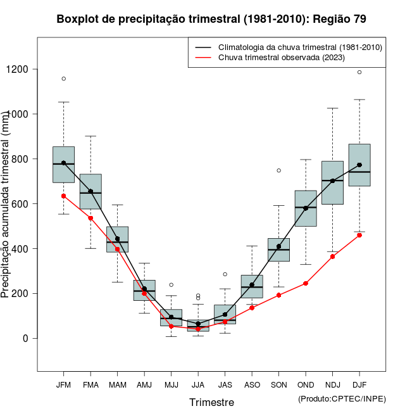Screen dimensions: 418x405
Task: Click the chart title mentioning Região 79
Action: (x=211, y=19)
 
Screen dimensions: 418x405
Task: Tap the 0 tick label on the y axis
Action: (x=25, y=338)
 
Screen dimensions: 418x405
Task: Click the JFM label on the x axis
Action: (x=63, y=385)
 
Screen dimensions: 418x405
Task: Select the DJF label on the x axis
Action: (x=359, y=385)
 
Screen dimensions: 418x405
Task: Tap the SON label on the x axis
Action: (x=279, y=385)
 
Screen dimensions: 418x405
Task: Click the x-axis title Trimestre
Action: (x=211, y=402)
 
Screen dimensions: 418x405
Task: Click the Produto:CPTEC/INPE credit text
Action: (x=342, y=398)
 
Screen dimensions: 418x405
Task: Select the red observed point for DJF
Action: (x=359, y=235)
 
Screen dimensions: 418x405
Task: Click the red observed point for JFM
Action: (x=63, y=196)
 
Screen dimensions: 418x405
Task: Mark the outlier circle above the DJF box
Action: (x=359, y=72)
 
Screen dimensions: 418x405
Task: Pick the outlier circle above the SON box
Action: (x=279, y=170)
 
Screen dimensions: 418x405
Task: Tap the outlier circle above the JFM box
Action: (x=63, y=79)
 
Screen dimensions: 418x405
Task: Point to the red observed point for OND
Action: (x=306, y=283)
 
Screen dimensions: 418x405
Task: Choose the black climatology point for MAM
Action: (x=117, y=239)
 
